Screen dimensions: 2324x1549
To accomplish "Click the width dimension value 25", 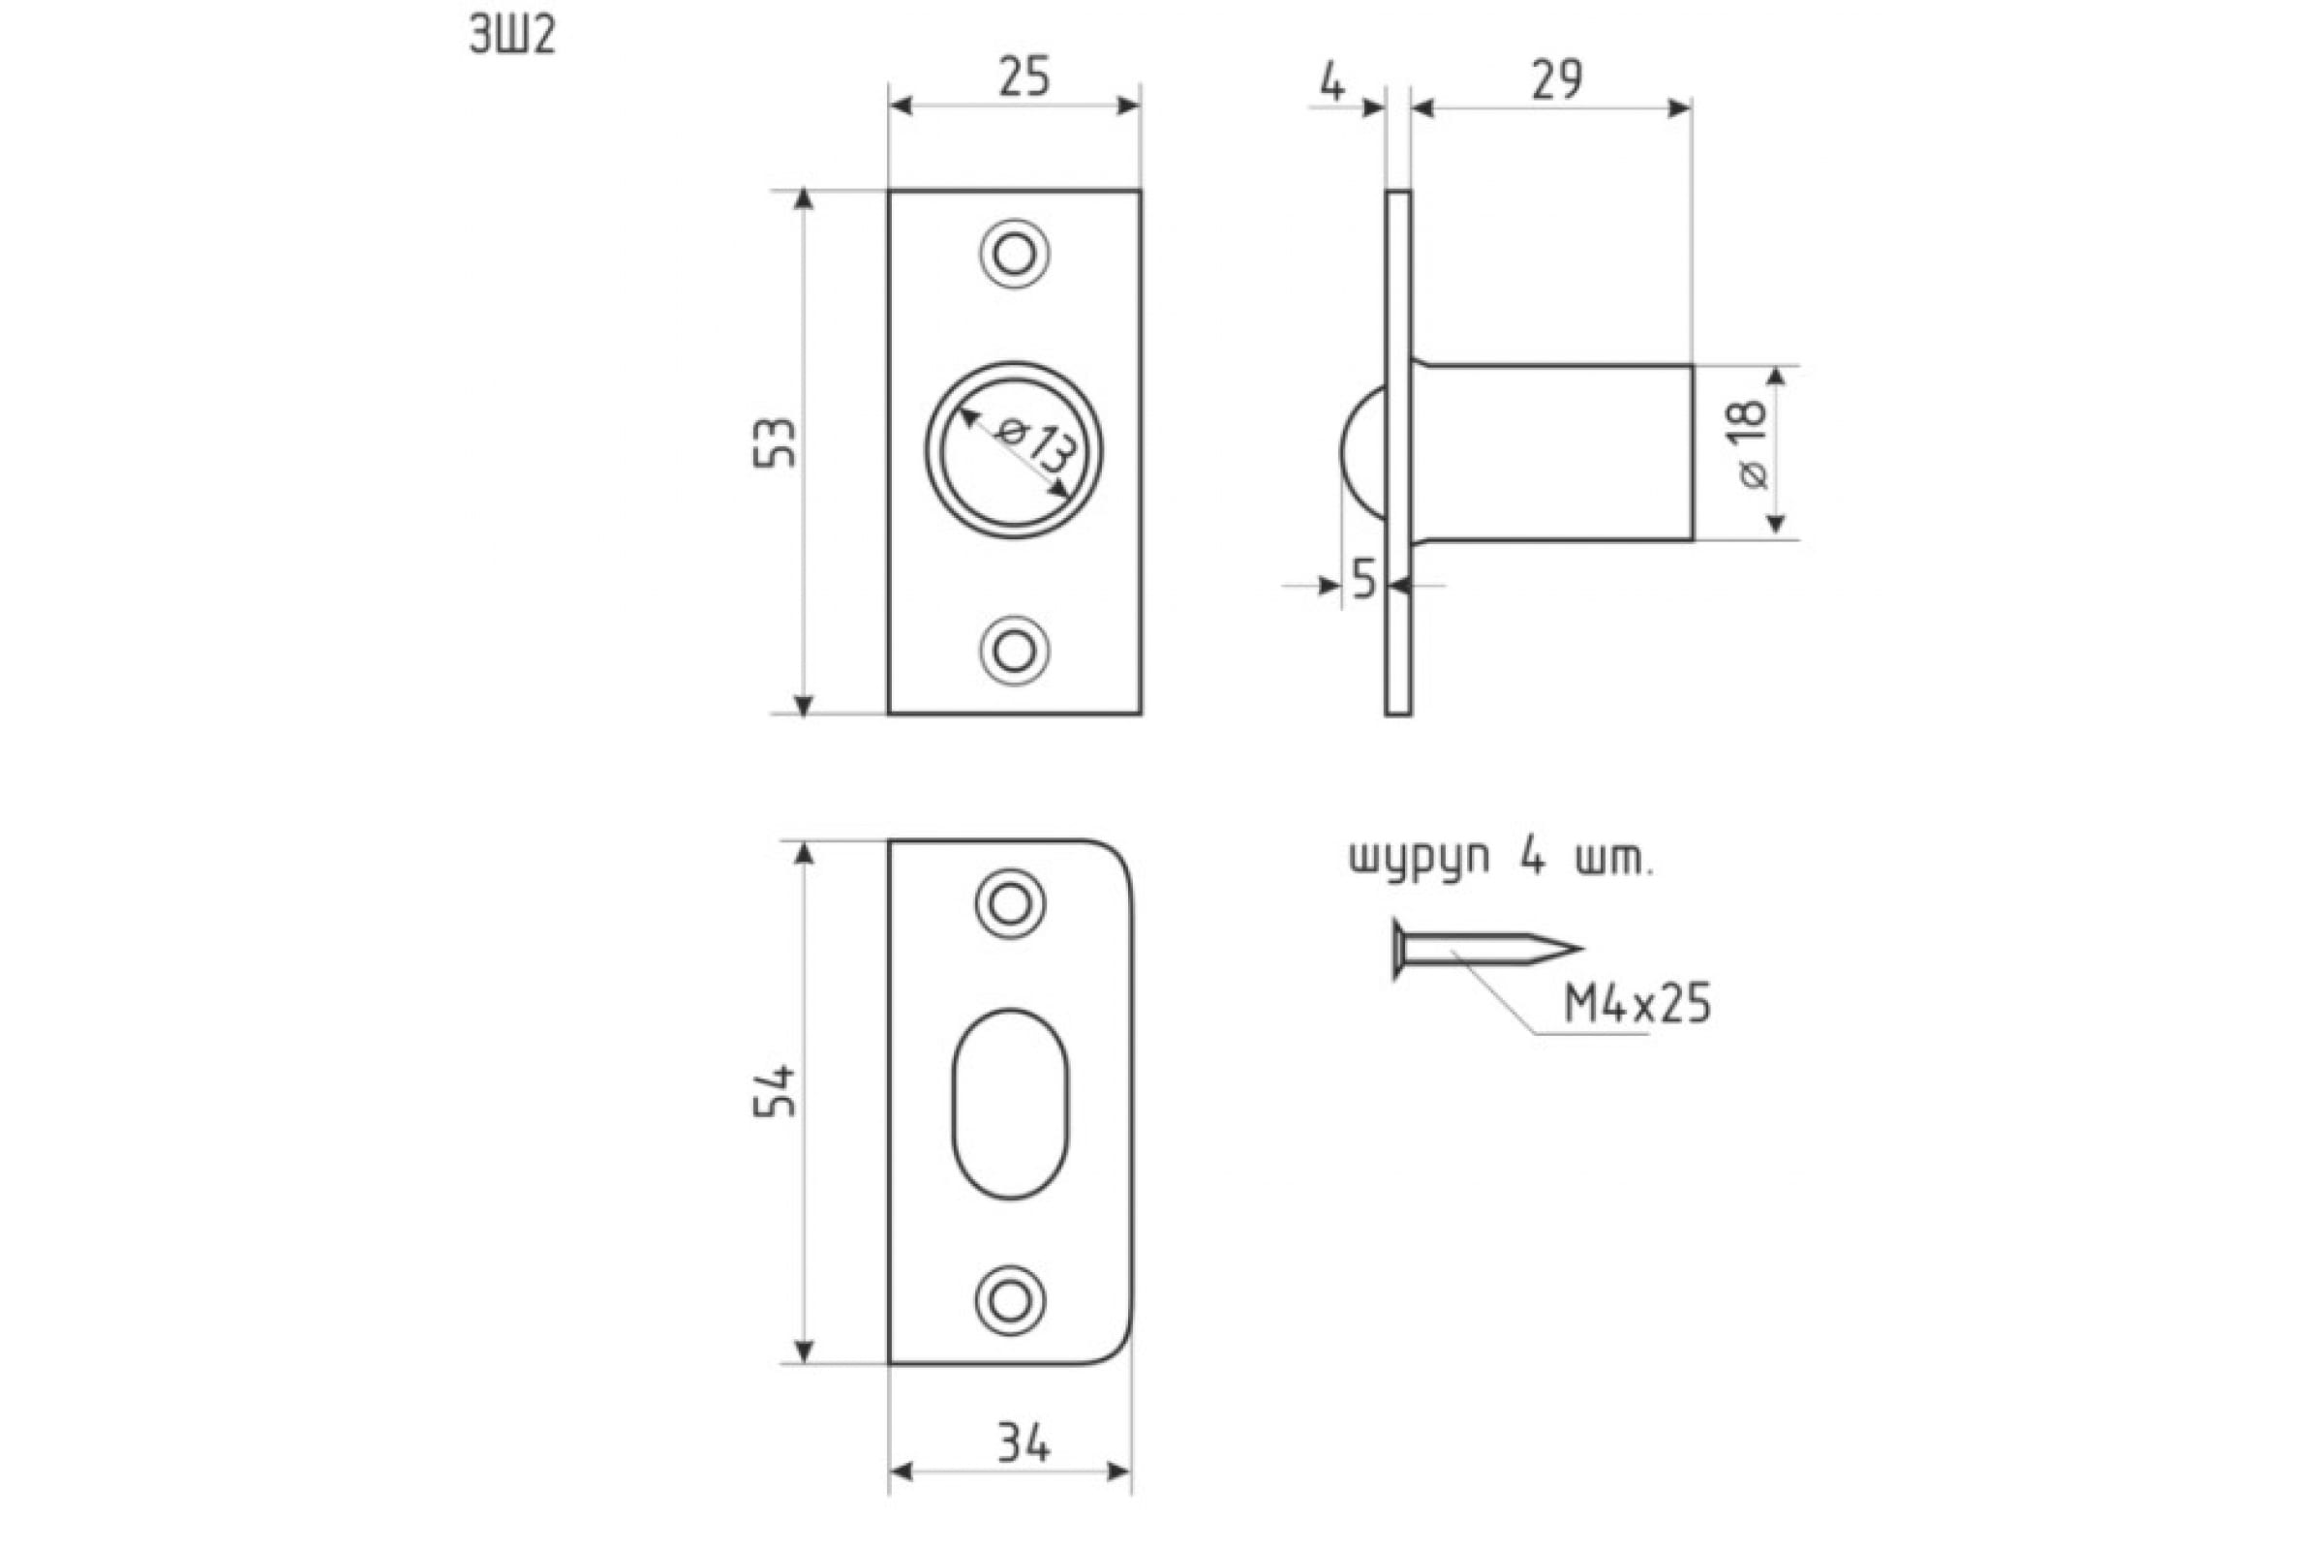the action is click(x=1024, y=78).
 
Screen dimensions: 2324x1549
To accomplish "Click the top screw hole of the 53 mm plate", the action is click(x=1014, y=254).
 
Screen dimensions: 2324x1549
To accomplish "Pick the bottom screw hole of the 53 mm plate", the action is click(x=1014, y=650).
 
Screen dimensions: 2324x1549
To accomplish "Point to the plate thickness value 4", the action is click(x=1333, y=84).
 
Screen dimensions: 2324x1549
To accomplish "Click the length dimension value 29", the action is click(x=1557, y=80).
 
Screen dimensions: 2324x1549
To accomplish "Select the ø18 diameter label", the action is click(x=1750, y=444).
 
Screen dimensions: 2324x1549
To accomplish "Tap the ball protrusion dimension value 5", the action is click(x=1364, y=580).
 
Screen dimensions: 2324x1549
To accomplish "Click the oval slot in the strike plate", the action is click(x=1010, y=1104).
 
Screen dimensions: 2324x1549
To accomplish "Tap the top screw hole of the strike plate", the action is click(x=1010, y=904).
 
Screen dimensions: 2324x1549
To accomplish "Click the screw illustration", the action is click(x=1487, y=950).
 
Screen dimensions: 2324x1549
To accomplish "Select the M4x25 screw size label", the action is click(x=1637, y=1006).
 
